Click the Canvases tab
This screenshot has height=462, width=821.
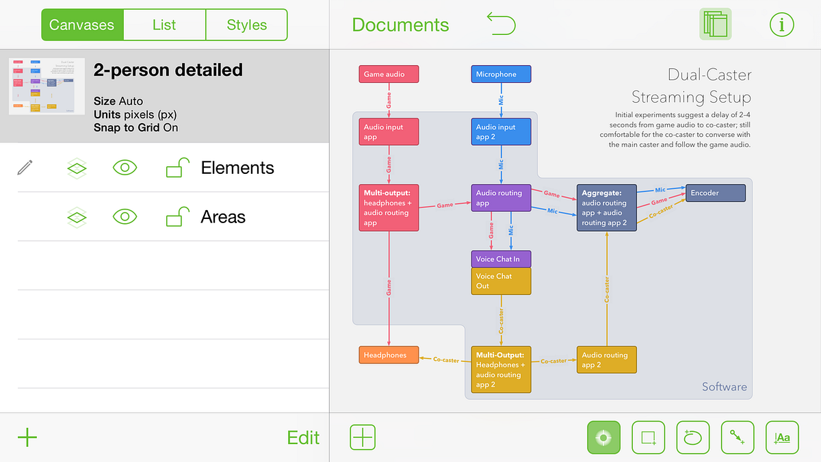tap(82, 25)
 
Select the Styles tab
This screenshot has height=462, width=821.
tap(246, 25)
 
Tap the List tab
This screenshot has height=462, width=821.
tap(164, 25)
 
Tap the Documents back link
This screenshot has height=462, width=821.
tap(400, 25)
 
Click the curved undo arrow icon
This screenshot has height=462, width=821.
tap(501, 25)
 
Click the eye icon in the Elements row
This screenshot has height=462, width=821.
tap(125, 168)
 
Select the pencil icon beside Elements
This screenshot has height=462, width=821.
tap(25, 168)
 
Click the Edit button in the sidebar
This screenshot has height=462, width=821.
tap(303, 437)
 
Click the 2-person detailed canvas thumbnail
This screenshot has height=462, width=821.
tap(47, 86)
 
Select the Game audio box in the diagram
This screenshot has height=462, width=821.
tap(388, 74)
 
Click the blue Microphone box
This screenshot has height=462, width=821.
tap(501, 74)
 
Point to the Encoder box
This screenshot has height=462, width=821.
tap(715, 193)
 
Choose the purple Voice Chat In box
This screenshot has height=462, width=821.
tap(501, 259)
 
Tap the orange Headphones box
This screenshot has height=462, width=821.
tap(388, 355)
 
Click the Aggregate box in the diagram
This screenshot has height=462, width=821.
tap(607, 207)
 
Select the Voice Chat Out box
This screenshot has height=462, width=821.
tap(501, 281)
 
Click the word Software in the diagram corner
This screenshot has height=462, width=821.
tap(724, 387)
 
